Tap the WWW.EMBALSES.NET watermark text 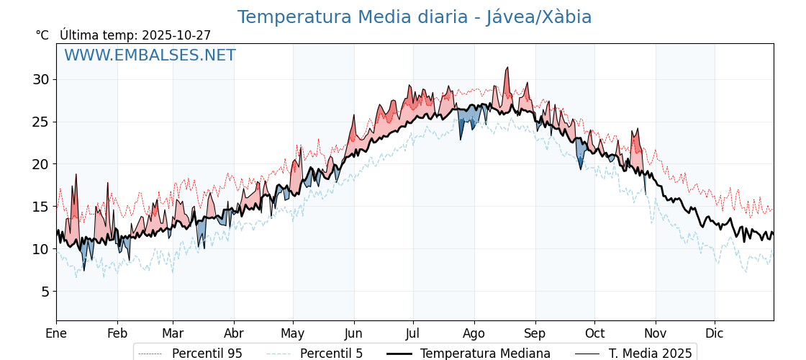point(150,55)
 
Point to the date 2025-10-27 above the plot point(176,35)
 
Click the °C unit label point(42,35)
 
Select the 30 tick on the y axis point(40,79)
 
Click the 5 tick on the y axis point(45,292)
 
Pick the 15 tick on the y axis point(40,207)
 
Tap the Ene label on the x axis point(56,333)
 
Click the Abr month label point(234,333)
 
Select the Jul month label point(413,333)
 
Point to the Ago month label point(474,333)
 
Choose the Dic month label point(715,333)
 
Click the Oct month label point(594,333)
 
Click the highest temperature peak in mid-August point(507,68)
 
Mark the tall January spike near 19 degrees point(76,175)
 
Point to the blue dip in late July point(461,137)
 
